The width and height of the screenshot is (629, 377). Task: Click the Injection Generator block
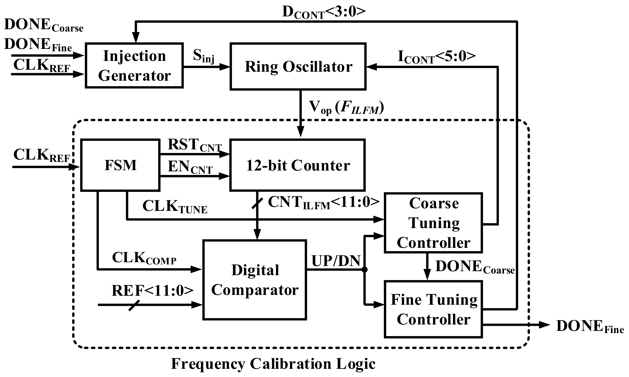coord(134,65)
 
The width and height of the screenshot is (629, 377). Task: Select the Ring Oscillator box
coord(298,66)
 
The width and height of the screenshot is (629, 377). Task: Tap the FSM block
coord(120,165)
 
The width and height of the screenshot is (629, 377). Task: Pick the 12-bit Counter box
coord(297,165)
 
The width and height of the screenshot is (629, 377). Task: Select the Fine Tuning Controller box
coord(433,309)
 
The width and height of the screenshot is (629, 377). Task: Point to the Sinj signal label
coord(204,56)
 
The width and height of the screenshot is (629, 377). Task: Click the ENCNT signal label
coord(190,168)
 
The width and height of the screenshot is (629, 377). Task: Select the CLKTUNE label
coord(175,206)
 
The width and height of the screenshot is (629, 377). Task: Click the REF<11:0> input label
coord(152,291)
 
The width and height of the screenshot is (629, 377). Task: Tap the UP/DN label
coord(336,261)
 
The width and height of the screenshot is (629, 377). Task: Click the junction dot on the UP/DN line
coord(364,270)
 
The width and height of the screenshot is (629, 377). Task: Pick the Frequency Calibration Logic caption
coord(273,364)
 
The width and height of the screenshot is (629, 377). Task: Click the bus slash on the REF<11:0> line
coord(134,305)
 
